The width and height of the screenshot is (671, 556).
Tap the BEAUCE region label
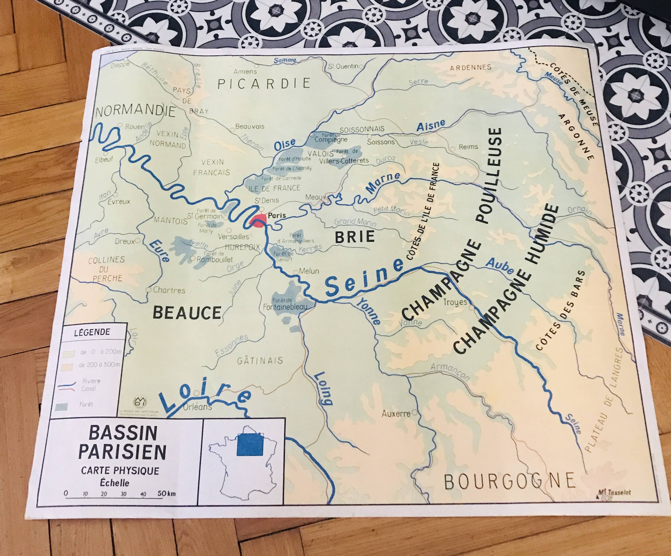pos(187,312)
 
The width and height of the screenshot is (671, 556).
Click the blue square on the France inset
pos(250,444)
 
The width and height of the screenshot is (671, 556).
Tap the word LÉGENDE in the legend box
pos(92,332)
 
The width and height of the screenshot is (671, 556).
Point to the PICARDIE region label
pos(264,83)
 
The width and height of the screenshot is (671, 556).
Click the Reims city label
pos(468,147)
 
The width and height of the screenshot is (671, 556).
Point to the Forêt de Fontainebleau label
pos(285,304)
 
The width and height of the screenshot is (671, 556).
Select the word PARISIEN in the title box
pos(122,452)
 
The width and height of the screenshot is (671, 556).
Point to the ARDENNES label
pos(470,68)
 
